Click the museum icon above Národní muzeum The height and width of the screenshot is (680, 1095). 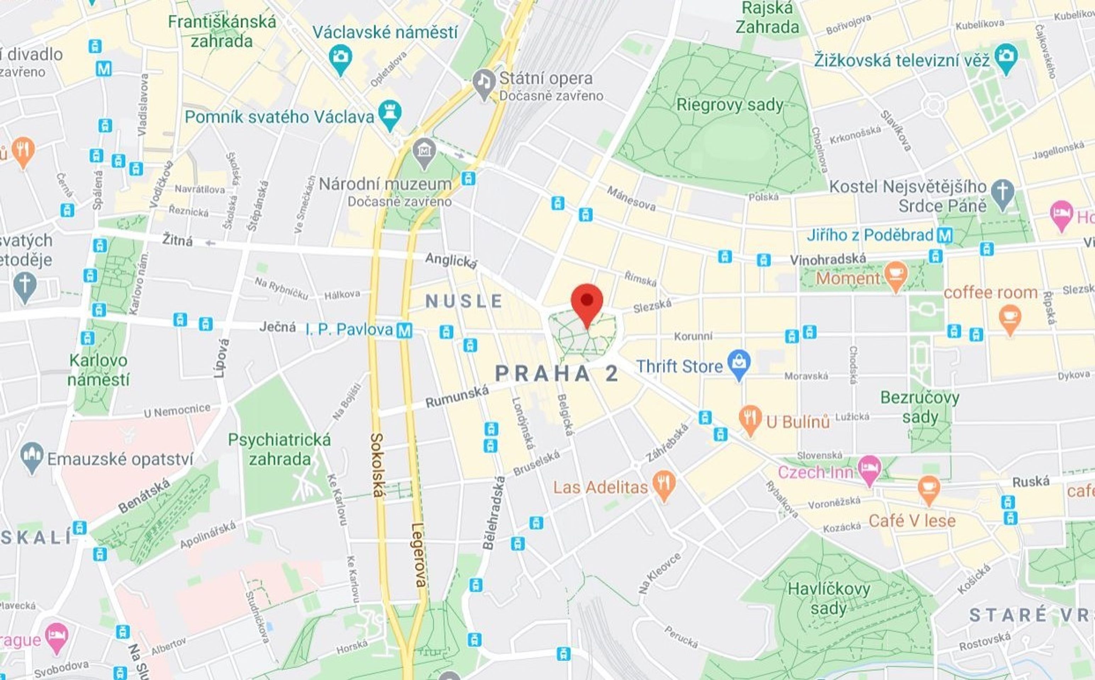[x=424, y=152]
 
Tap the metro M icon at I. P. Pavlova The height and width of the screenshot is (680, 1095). [x=404, y=330]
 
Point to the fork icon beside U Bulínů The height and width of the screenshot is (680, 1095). [x=750, y=418]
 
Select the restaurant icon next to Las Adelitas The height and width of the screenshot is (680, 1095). [x=664, y=484]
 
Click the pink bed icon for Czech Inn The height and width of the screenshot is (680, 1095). [x=869, y=469]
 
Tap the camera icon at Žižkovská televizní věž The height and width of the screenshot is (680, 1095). [x=1006, y=57]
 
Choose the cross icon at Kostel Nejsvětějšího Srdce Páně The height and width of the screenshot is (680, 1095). [x=1003, y=192]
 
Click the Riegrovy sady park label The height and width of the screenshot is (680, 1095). [x=730, y=105]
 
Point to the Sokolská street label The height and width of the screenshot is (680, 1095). [x=377, y=465]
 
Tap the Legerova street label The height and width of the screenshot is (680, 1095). [x=418, y=555]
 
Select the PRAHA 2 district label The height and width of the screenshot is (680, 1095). [x=556, y=374]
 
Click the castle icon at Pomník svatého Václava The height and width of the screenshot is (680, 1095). [x=390, y=113]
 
